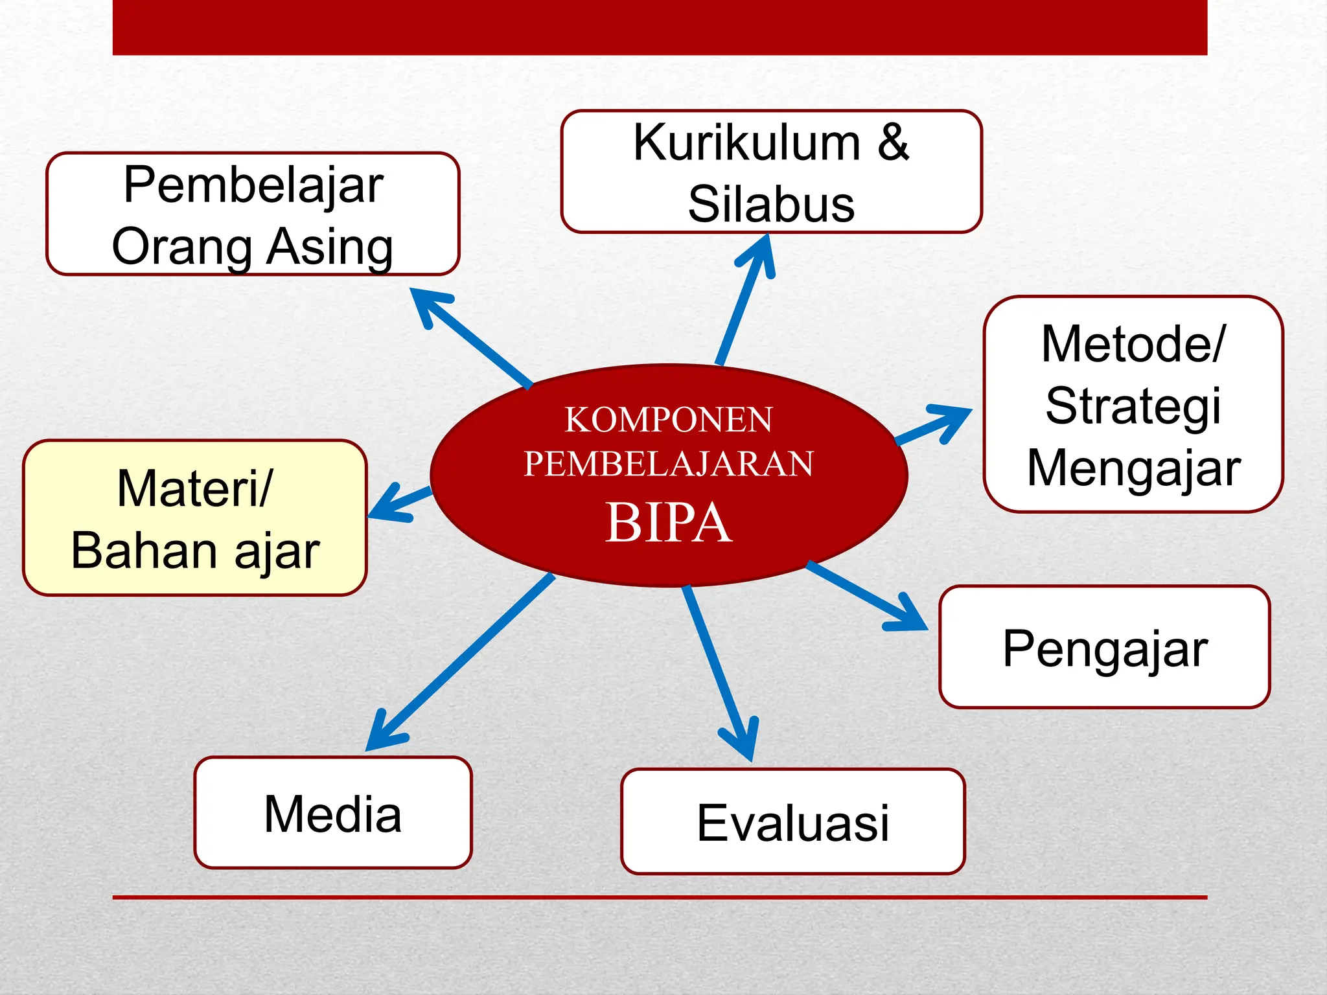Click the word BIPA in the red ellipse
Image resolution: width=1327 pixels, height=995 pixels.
pyautogui.click(x=668, y=523)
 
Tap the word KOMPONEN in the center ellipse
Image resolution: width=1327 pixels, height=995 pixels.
pyautogui.click(x=668, y=420)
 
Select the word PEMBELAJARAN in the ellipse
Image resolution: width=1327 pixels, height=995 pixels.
pyautogui.click(x=668, y=464)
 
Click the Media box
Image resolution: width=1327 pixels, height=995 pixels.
pyautogui.click(x=332, y=812)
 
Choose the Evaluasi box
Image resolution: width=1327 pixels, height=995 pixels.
pyautogui.click(x=792, y=821)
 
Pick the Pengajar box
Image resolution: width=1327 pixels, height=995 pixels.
pyautogui.click(x=1104, y=647)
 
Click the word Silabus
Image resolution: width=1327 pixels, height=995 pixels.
pyautogui.click(x=771, y=204)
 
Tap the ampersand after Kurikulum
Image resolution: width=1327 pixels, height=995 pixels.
pyautogui.click(x=893, y=143)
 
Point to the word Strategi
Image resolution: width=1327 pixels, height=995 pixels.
pyautogui.click(x=1133, y=406)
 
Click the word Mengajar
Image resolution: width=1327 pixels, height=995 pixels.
pyautogui.click(x=1133, y=468)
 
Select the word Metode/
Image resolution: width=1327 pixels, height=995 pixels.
pyautogui.click(x=1133, y=344)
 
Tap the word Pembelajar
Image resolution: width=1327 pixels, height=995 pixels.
pyautogui.click(x=253, y=185)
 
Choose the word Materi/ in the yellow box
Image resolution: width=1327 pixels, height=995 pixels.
pyautogui.click(x=194, y=488)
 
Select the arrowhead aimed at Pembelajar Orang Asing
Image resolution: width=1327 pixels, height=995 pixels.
pyautogui.click(x=427, y=304)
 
